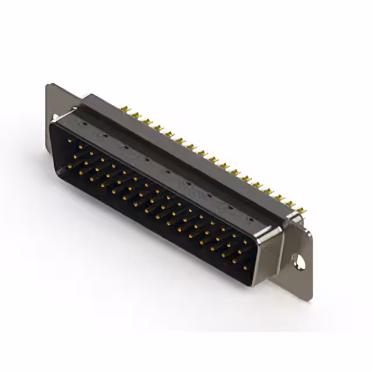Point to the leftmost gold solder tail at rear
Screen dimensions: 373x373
(124, 109)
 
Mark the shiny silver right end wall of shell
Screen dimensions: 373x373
(269, 251)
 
